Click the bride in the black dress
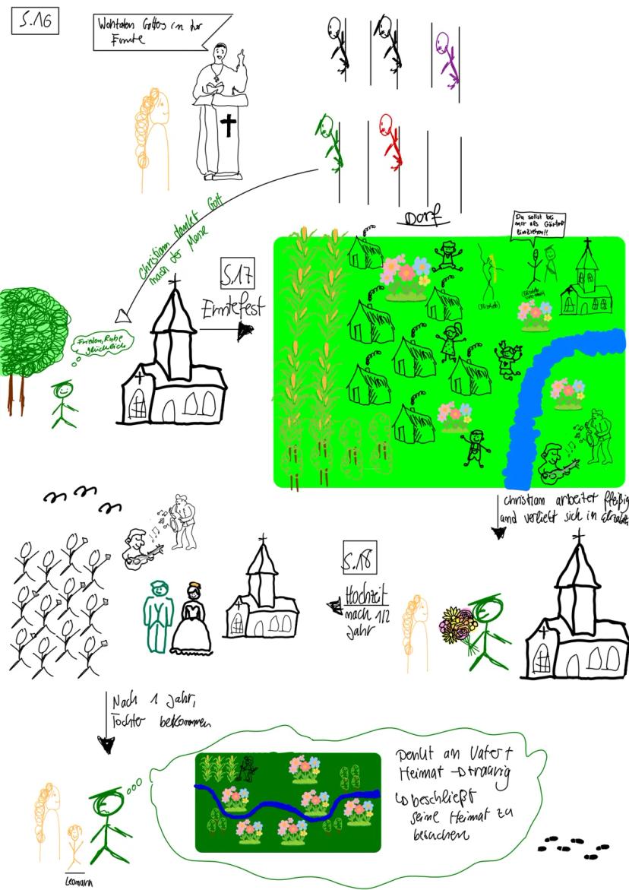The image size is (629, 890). click(x=191, y=619)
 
